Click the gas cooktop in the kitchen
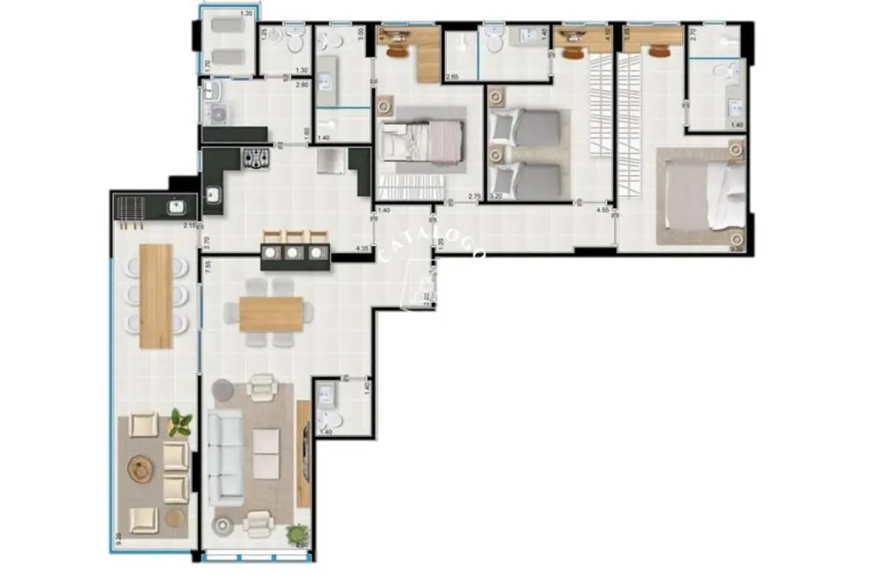click(x=257, y=158)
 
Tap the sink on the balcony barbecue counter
click(x=175, y=209)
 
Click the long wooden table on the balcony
click(x=156, y=295)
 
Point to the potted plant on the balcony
click(x=181, y=423)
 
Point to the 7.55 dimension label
click(x=206, y=266)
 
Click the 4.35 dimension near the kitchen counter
click(x=361, y=249)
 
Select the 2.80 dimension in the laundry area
click(x=301, y=84)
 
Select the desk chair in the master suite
click(x=659, y=50)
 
